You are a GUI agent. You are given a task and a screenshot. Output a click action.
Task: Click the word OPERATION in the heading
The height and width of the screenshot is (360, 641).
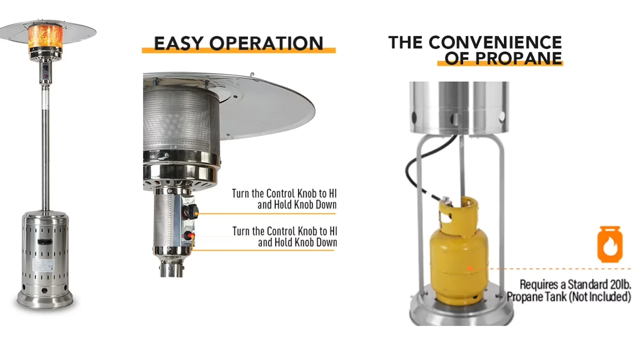pyautogui.click(x=267, y=43)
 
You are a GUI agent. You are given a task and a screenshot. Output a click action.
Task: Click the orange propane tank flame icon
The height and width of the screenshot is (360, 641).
pyautogui.click(x=610, y=244)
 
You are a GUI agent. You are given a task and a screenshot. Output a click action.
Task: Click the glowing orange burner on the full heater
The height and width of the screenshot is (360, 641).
pyautogui.click(x=45, y=37)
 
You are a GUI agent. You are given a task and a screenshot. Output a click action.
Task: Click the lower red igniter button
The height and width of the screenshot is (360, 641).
pyautogui.click(x=189, y=236)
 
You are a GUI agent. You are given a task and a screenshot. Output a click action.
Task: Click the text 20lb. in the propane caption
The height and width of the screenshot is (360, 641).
pyautogui.click(x=620, y=285)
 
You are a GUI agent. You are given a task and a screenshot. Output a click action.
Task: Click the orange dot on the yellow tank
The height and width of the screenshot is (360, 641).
pyautogui.click(x=470, y=268)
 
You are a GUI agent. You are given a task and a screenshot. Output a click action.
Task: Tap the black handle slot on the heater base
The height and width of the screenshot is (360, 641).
pyautogui.click(x=45, y=242)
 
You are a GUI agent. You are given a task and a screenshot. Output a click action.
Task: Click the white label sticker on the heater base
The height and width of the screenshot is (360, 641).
pyautogui.click(x=43, y=265)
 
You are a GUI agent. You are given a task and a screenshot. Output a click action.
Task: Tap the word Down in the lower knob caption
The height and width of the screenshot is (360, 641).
pyautogui.click(x=325, y=243)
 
